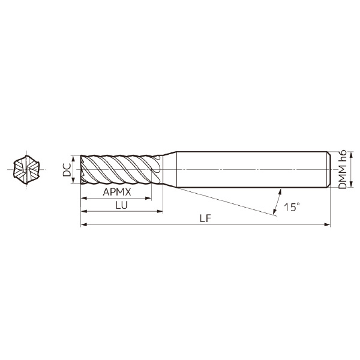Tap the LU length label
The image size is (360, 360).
pyautogui.click(x=121, y=205)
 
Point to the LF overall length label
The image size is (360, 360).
pyautogui.click(x=205, y=218)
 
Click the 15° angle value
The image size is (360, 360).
pyautogui.click(x=292, y=207)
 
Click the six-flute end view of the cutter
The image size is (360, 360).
pyautogui.click(x=26, y=170)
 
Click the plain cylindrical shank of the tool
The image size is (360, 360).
pyautogui.click(x=252, y=170)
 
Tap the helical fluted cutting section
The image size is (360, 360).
pyautogui.click(x=120, y=170)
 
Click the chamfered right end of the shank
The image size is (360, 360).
pyautogui.click(x=328, y=170)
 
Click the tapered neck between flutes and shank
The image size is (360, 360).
pyautogui.click(x=170, y=170)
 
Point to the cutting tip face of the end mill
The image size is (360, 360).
pyautogui.click(x=82, y=170)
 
